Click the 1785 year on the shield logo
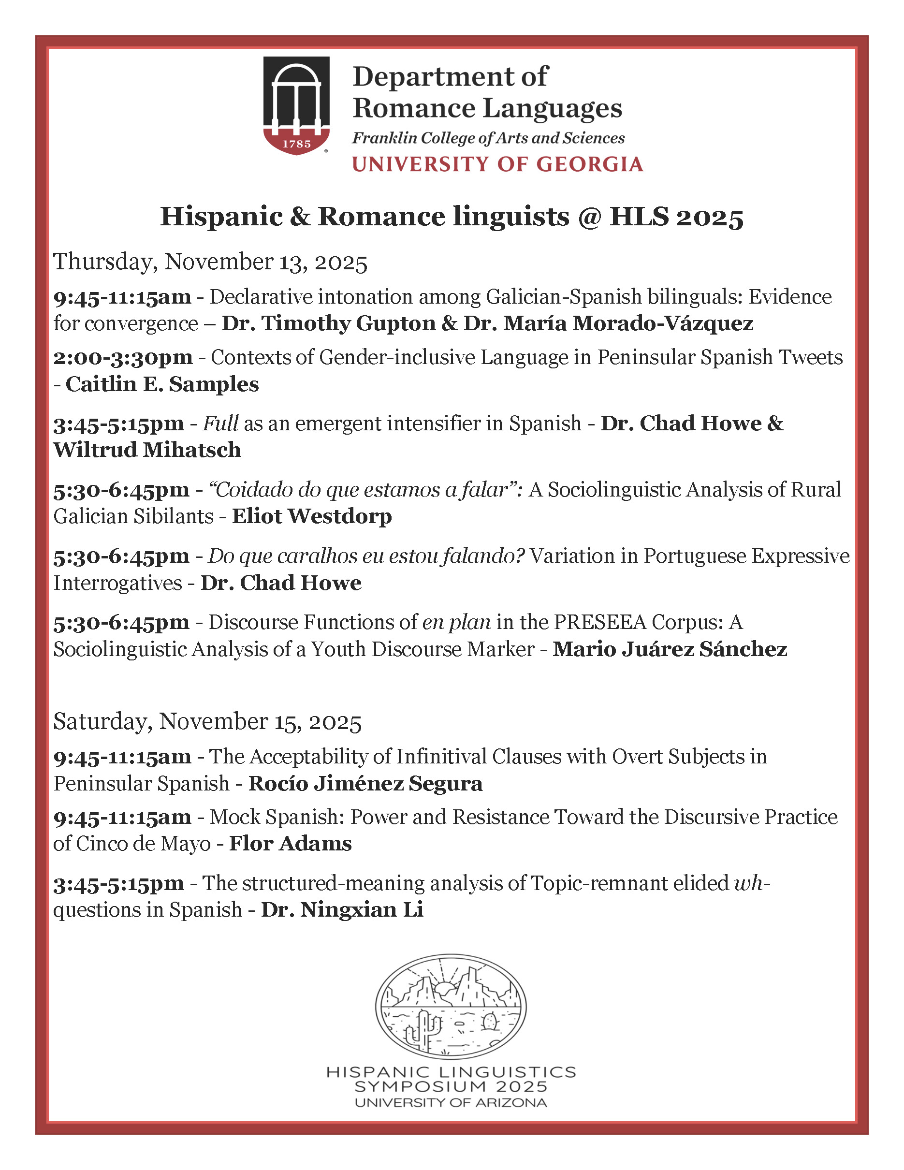(x=296, y=144)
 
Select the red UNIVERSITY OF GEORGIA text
(x=497, y=164)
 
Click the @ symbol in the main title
(x=589, y=217)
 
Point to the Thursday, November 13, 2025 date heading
(x=210, y=262)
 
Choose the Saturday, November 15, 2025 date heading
(x=207, y=722)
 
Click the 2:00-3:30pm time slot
(x=123, y=357)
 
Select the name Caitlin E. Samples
(x=162, y=384)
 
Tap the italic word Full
(x=220, y=423)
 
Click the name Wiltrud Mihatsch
(x=147, y=450)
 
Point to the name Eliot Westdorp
(x=312, y=516)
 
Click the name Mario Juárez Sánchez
(x=670, y=649)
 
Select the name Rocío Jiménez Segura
(x=365, y=784)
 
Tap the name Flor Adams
(x=290, y=844)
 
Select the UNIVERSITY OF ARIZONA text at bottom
(x=451, y=1102)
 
